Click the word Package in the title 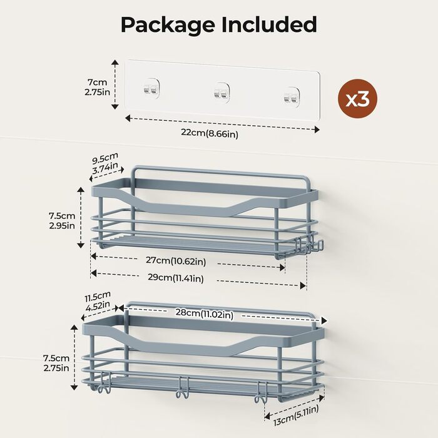pos(168,26)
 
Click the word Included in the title pos(269,24)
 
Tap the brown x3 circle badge pos(357,99)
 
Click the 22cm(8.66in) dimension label pos(210,133)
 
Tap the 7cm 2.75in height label pos(97,87)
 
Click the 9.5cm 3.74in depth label pos(105,163)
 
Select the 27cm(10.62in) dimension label pos(176,261)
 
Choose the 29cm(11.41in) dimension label pos(176,278)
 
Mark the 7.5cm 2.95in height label pos(62,221)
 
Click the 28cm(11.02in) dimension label pos(204,313)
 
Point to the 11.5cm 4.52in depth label pos(98,302)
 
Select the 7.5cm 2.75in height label pos(56,363)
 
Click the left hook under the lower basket pos(104,382)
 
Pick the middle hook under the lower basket pos(183,387)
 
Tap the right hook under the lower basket pos(261,392)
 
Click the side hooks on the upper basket pos(310,245)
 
